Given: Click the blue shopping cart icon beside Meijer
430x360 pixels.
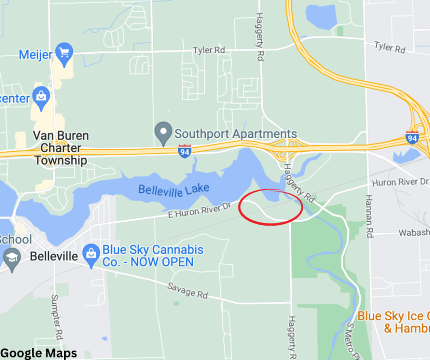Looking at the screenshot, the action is [64, 51].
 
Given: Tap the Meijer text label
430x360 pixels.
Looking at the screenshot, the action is [36, 54].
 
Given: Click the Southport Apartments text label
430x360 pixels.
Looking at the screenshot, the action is [236, 134].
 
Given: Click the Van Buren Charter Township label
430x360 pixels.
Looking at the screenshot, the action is [61, 148].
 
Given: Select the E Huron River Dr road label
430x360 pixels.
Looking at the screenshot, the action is [200, 211].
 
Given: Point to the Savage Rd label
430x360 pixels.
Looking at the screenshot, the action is [187, 290].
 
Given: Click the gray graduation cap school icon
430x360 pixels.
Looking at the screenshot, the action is [11, 257].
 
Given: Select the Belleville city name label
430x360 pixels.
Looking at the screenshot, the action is [54, 256].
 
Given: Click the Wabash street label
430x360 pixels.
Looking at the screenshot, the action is [414, 233].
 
